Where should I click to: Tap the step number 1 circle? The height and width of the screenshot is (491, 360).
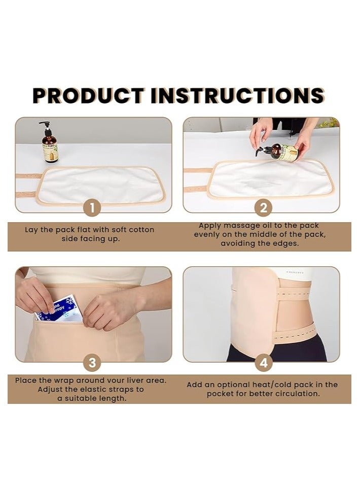92,207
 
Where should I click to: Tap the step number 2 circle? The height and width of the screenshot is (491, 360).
263,207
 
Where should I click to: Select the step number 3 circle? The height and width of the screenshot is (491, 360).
92,363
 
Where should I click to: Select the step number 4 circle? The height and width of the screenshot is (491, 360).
263,363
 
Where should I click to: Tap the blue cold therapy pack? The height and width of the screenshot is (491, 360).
58,309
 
